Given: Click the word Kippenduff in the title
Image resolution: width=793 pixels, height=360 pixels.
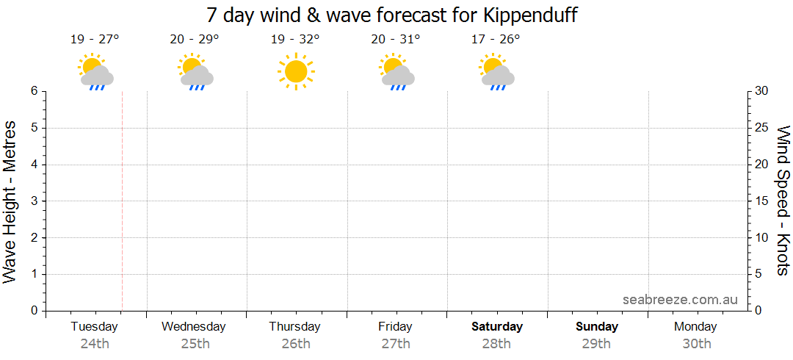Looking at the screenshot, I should coord(530,15).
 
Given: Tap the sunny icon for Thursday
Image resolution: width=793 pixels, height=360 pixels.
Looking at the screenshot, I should coord(295,71).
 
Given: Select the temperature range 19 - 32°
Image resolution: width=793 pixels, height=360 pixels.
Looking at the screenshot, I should coord(295,39).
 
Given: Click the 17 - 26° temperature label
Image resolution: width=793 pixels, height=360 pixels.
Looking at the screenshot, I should coord(496,39).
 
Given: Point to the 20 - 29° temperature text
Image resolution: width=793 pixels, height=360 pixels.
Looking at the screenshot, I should coord(195,39).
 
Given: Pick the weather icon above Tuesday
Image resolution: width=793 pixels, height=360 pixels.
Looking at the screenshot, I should coord(95,71).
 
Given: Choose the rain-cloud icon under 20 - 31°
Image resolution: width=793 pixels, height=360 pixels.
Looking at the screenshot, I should coord(397,71).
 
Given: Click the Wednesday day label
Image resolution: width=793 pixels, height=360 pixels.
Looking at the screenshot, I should coord(194,326).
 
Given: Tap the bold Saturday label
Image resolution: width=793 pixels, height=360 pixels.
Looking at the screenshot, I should coord(497,326).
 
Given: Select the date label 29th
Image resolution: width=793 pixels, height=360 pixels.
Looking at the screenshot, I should coord(596,343).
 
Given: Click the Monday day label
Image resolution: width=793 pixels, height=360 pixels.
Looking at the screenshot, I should coord(695,326).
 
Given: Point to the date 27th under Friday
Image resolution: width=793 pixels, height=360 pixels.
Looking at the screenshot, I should coord(396,343).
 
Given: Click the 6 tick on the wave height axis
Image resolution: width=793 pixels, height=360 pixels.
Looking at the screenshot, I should coord(34,91).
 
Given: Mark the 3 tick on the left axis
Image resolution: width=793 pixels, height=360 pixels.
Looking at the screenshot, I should coord(34,201).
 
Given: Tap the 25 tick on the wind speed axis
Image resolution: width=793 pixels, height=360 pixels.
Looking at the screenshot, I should coord(763,128).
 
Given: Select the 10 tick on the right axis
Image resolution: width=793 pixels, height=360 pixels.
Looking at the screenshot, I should coord(763,237).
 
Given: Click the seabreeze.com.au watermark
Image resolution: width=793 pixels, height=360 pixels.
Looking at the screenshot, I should coord(680,299).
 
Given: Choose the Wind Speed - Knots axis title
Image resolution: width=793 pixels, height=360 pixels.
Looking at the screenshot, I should coord(783,200).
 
